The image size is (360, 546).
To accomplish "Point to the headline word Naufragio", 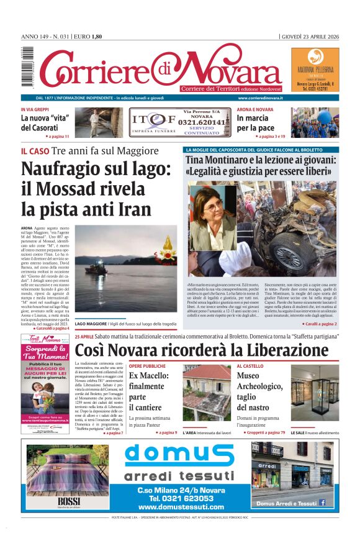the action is click(x=70, y=169).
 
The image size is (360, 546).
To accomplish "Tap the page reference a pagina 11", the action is click(x=56, y=135).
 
